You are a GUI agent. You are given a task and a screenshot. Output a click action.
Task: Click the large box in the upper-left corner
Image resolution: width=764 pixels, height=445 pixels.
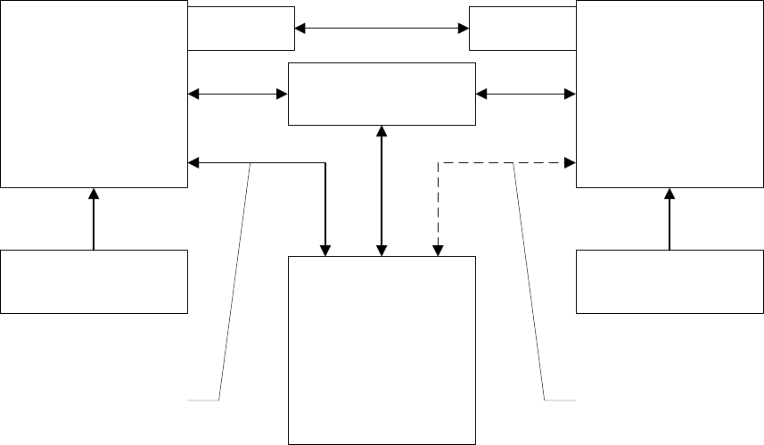pyautogui.click(x=94, y=94)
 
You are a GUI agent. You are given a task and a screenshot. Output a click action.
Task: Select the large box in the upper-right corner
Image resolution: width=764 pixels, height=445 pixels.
pyautogui.click(x=670, y=94)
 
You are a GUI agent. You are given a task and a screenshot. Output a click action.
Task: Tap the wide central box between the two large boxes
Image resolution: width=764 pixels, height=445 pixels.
pyautogui.click(x=382, y=94)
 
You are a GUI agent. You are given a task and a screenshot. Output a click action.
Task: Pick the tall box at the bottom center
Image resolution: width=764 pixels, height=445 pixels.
pyautogui.click(x=382, y=350)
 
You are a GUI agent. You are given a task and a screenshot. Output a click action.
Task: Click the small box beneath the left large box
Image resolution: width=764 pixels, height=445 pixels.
pyautogui.click(x=94, y=282)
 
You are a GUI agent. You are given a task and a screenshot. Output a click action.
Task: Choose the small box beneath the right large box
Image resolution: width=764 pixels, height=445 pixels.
pyautogui.click(x=670, y=282)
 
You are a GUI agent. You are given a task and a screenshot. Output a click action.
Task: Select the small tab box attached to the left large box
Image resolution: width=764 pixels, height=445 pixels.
pyautogui.click(x=241, y=28)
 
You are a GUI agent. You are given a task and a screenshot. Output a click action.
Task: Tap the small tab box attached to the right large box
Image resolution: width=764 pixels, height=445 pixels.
pyautogui.click(x=522, y=28)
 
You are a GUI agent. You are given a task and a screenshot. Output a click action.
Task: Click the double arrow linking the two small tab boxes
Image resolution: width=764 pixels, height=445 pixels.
pyautogui.click(x=382, y=29)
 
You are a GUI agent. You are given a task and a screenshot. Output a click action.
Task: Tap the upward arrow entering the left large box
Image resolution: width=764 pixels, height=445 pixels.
pyautogui.click(x=93, y=218)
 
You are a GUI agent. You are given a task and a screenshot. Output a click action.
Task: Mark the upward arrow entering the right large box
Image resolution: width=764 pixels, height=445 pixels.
pyautogui.click(x=670, y=218)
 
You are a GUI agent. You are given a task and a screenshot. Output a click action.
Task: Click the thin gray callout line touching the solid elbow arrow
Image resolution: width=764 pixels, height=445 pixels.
pyautogui.click(x=234, y=285)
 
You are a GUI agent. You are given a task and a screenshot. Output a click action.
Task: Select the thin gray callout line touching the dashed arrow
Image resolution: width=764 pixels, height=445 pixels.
pyautogui.click(x=530, y=285)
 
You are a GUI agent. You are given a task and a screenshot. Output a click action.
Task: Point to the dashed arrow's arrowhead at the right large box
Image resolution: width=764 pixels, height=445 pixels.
pyautogui.click(x=571, y=163)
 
